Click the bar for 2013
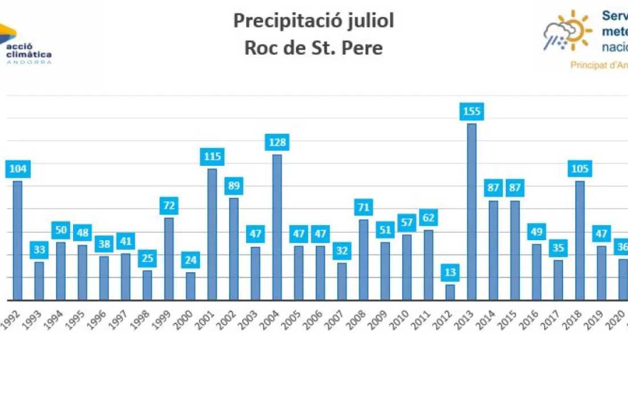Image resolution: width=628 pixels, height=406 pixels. [472, 212]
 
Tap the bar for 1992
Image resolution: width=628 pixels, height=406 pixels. [17, 240]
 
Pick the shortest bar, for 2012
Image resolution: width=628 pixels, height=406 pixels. [450, 292]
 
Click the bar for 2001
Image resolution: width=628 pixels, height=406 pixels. [212, 234]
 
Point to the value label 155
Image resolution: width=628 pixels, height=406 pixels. [472, 112]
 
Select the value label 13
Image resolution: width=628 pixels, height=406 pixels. [450, 272]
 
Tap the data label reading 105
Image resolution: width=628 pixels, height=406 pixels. [580, 169]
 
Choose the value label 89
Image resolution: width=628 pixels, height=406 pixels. [234, 186]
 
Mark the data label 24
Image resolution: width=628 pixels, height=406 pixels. [190, 260]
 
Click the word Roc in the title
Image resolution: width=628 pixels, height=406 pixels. [260, 48]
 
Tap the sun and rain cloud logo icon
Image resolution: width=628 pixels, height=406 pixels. [567, 30]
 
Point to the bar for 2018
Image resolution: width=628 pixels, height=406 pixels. [580, 240]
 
